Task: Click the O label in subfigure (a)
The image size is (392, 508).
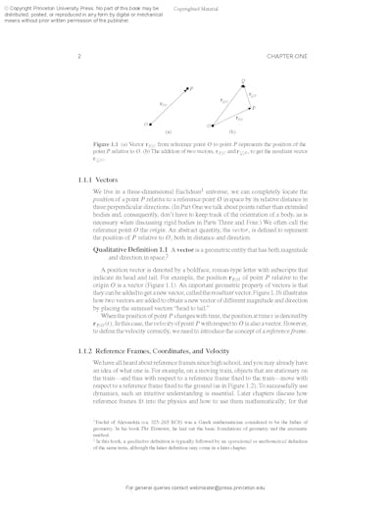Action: click(145, 126)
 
